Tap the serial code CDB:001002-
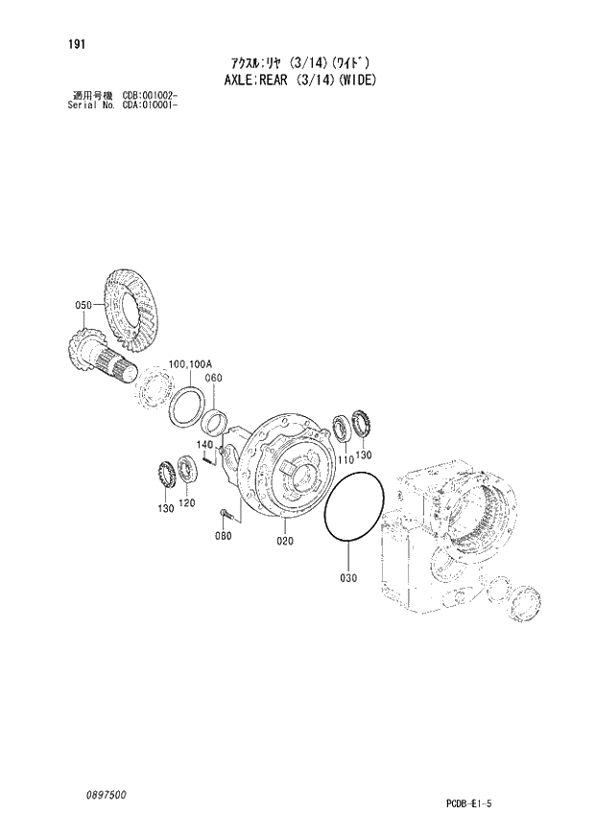pyautogui.click(x=150, y=95)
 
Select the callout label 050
pyautogui.click(x=83, y=305)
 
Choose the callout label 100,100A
pyautogui.click(x=190, y=364)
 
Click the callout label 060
pyautogui.click(x=213, y=378)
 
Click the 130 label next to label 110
pyautogui.click(x=364, y=454)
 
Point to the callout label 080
pyautogui.click(x=224, y=536)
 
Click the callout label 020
pyautogui.click(x=285, y=541)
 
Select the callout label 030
pyautogui.click(x=347, y=577)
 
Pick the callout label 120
pyautogui.click(x=186, y=503)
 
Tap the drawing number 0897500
pyautogui.click(x=105, y=795)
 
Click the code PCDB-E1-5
pyautogui.click(x=522, y=800)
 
